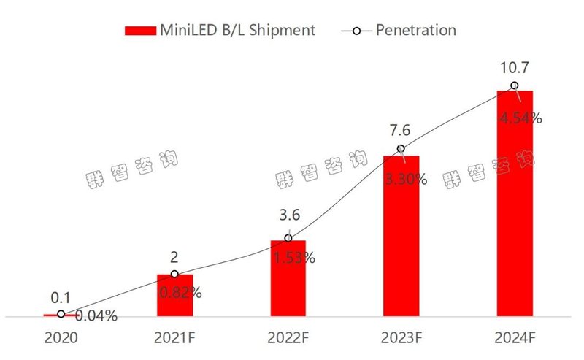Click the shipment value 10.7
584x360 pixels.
pos(515,69)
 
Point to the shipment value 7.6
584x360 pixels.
pos(401,131)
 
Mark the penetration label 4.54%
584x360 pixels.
pos(520,118)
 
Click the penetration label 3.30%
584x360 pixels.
pos(407,179)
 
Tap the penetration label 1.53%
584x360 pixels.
pos(293,257)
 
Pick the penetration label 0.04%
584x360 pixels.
pos(97,317)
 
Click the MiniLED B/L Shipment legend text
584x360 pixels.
pos(237,30)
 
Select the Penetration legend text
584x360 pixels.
pos(416,30)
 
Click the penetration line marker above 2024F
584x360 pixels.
pos(515,86)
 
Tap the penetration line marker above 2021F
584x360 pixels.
pos(174,275)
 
